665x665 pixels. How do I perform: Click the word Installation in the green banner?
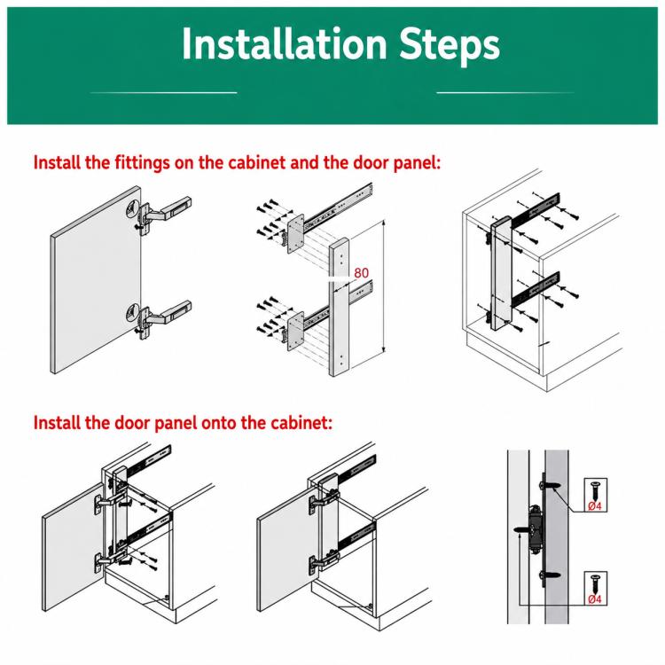click(x=284, y=44)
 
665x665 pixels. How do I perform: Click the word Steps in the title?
click(x=450, y=46)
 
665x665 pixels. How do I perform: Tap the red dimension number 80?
click(x=362, y=273)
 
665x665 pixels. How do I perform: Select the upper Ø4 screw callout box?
click(x=596, y=495)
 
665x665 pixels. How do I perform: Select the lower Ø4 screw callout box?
click(x=596, y=588)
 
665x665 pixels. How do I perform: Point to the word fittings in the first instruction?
click(x=142, y=163)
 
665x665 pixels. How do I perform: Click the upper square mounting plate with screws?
click(x=295, y=233)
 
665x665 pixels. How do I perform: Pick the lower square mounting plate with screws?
click(x=295, y=331)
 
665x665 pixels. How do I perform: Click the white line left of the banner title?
click(x=164, y=92)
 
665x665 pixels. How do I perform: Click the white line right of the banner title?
click(x=505, y=92)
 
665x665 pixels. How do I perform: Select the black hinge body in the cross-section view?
click(x=536, y=529)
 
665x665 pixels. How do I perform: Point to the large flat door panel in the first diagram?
click(x=96, y=280)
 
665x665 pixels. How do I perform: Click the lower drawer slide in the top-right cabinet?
click(x=536, y=289)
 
